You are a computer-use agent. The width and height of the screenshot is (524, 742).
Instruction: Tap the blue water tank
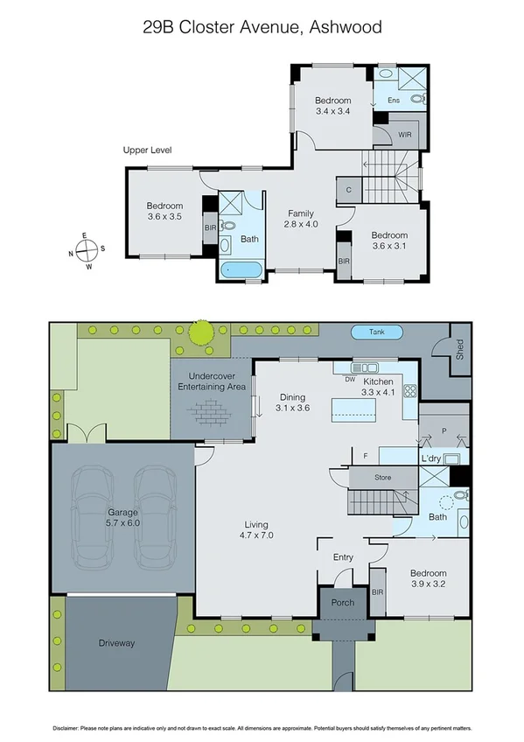coord(378,332)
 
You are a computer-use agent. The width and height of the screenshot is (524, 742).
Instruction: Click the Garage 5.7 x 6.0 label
coord(123,516)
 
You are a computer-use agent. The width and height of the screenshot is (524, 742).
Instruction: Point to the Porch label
coord(342,604)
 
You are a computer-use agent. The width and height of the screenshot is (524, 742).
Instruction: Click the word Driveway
coord(116,643)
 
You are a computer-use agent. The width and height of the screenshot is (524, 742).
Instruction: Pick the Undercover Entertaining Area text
coord(211,381)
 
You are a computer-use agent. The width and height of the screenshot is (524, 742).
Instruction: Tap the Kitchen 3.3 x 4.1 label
coord(378,388)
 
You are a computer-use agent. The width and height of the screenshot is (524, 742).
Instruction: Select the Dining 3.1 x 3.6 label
coord(292,402)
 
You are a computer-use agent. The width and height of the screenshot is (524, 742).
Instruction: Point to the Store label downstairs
coord(382,478)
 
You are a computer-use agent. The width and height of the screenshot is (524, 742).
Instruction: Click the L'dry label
coord(429,459)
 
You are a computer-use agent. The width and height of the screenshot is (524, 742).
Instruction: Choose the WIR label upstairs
coord(404,135)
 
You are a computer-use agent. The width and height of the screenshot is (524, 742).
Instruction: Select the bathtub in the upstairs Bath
coord(240,269)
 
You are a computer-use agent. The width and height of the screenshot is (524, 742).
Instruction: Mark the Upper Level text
coord(147,150)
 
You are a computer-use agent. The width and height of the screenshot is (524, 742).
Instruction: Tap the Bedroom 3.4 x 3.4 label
coord(332,106)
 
